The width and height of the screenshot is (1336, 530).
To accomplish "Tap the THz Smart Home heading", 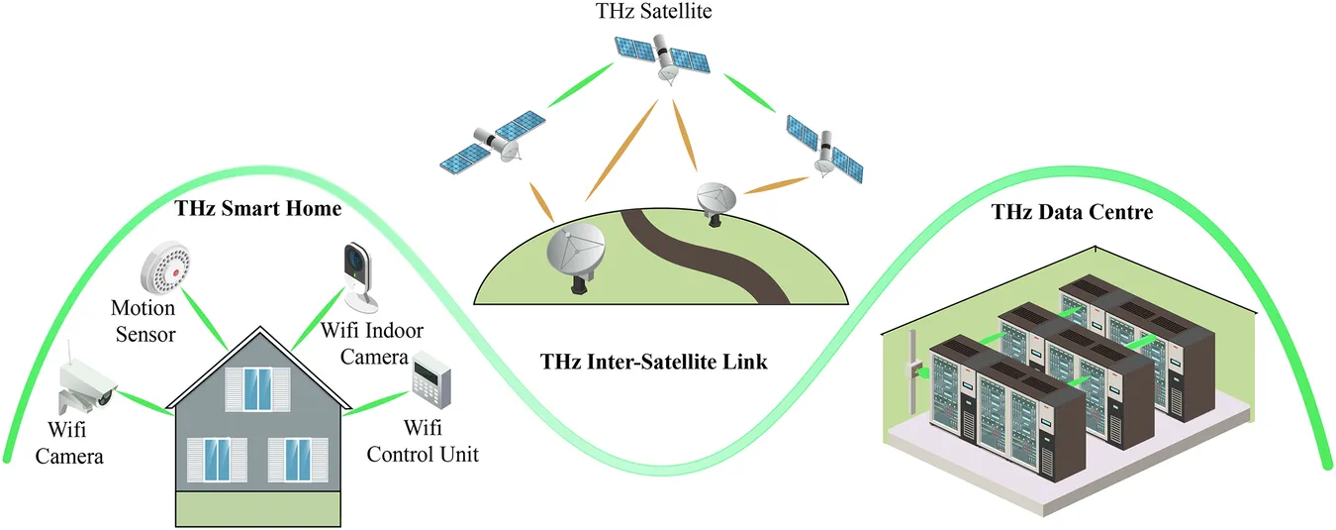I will click(258, 209).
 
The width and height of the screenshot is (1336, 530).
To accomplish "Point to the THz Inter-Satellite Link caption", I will click(654, 362).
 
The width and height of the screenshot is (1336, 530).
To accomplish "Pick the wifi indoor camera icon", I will click(360, 274).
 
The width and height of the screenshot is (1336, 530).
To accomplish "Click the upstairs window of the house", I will click(257, 387).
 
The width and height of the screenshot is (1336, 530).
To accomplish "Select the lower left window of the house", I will click(218, 459).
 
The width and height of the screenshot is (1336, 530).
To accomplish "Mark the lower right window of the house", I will click(298, 459).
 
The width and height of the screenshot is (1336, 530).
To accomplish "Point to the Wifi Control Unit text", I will click(423, 442).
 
